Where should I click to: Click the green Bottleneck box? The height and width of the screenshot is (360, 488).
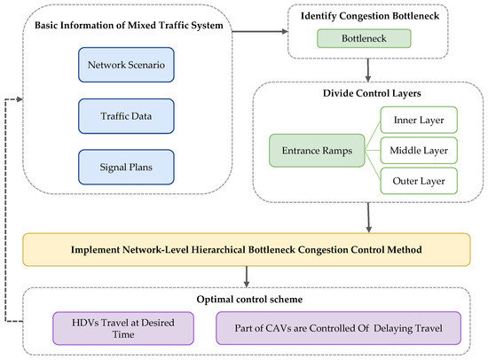pyautogui.click(x=366, y=39)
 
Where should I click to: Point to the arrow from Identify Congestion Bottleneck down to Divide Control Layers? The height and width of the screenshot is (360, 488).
pyautogui.click(x=366, y=68)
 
